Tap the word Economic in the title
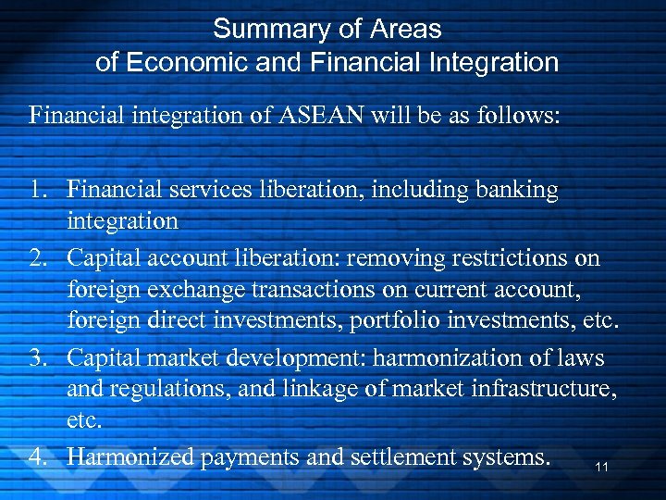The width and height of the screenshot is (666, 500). (x=169, y=62)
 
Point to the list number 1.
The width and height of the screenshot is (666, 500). (x=38, y=191)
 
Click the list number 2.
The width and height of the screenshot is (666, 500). (x=38, y=257)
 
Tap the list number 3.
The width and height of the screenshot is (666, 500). (x=38, y=357)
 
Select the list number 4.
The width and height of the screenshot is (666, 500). (x=38, y=457)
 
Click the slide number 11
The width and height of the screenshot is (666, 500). (x=602, y=468)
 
